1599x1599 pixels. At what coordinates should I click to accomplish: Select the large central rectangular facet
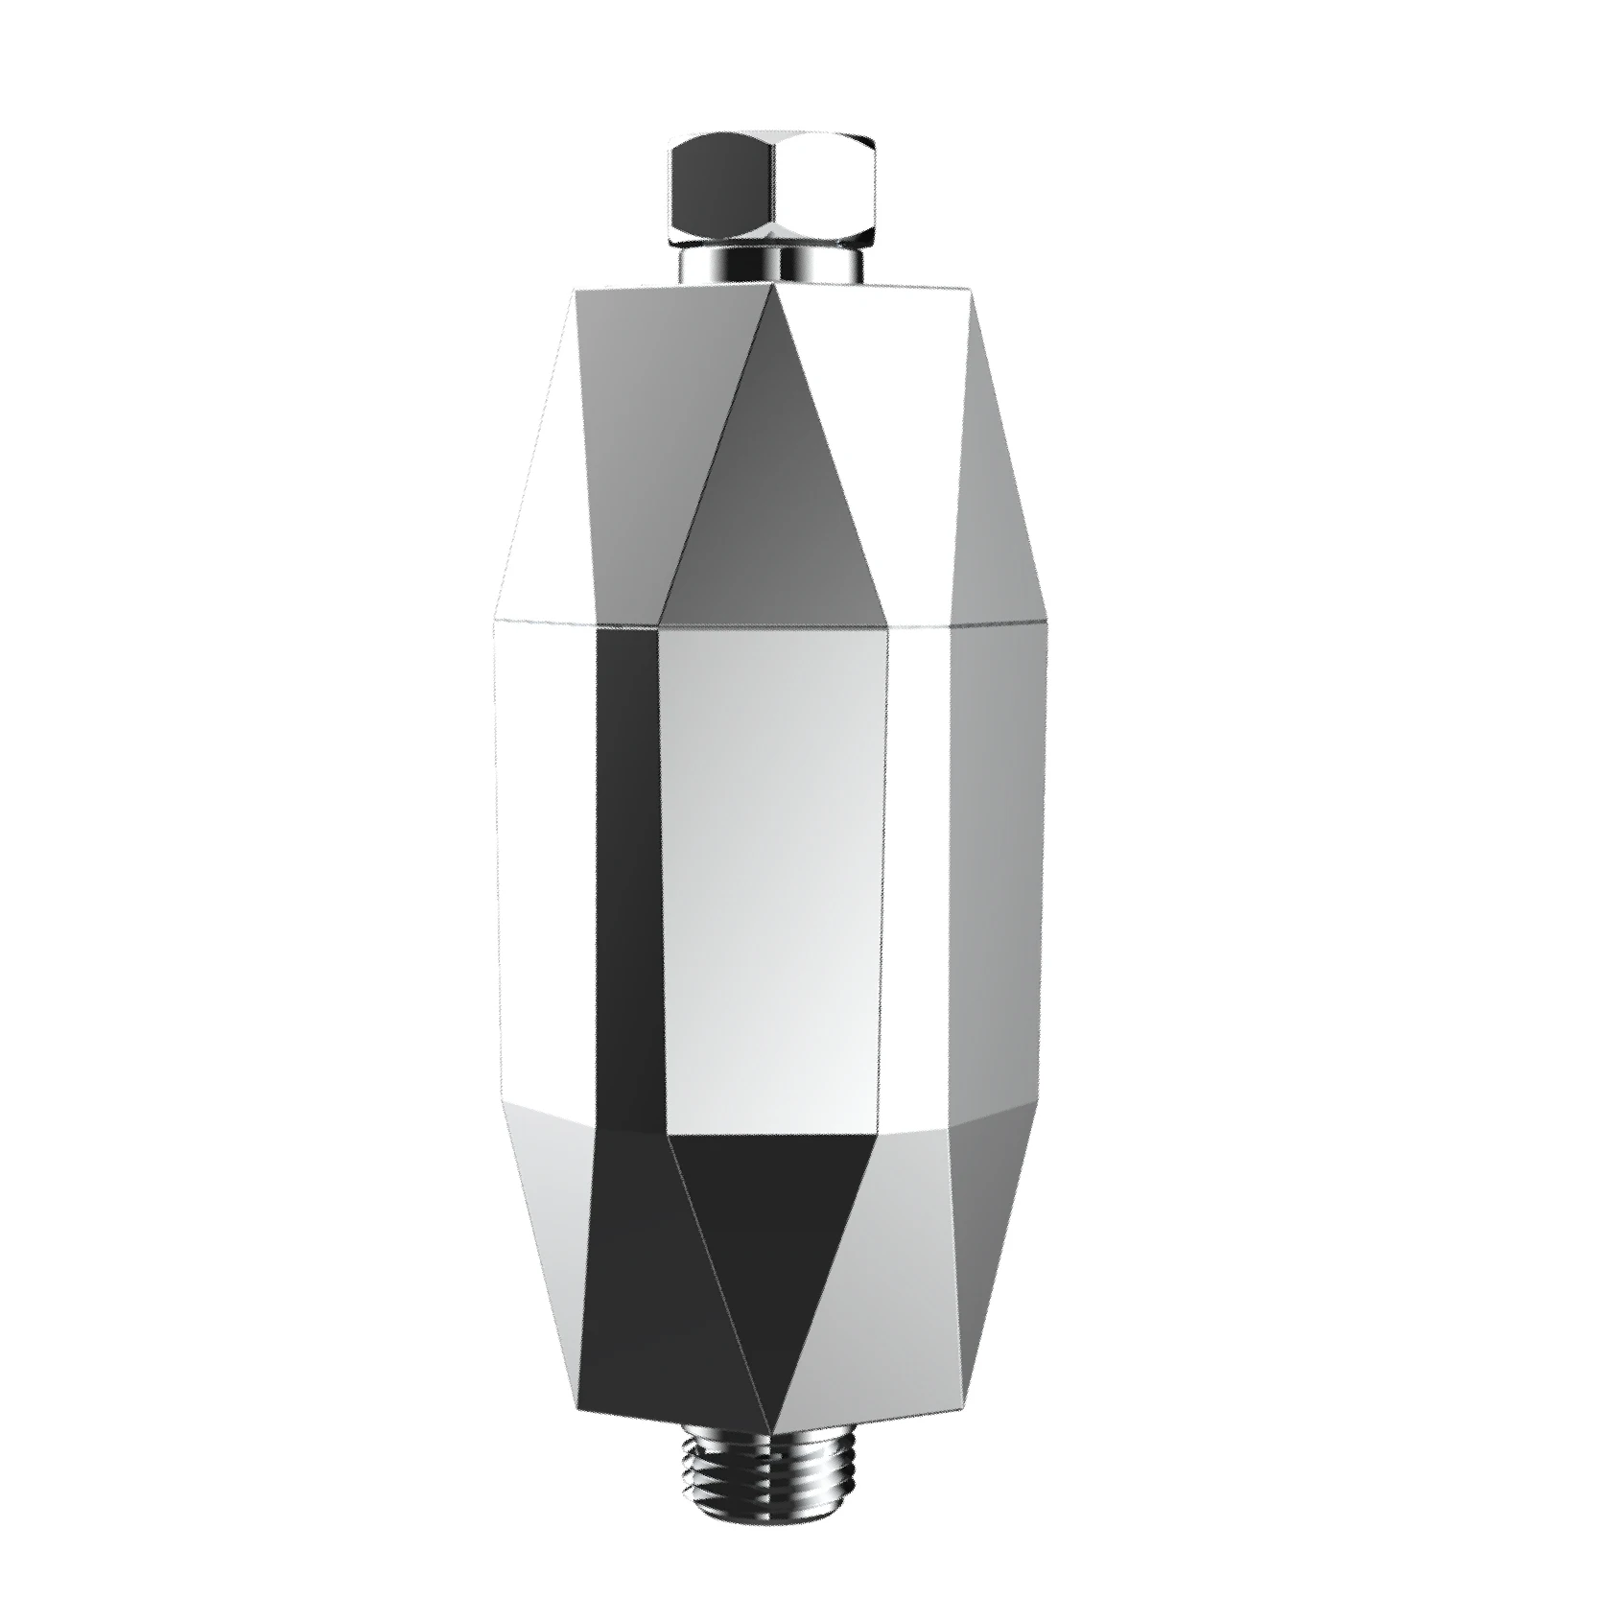point(772,873)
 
